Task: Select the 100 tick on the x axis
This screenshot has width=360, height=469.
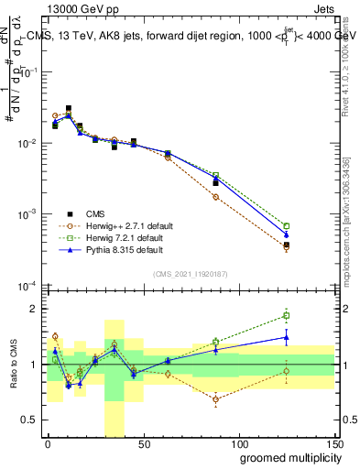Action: [x=238, y=444]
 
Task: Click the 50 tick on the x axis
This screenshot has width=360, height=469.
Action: [x=143, y=444]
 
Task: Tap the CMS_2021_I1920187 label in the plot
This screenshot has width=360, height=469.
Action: [x=191, y=273]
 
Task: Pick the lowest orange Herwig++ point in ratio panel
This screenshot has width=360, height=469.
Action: [x=215, y=399]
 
